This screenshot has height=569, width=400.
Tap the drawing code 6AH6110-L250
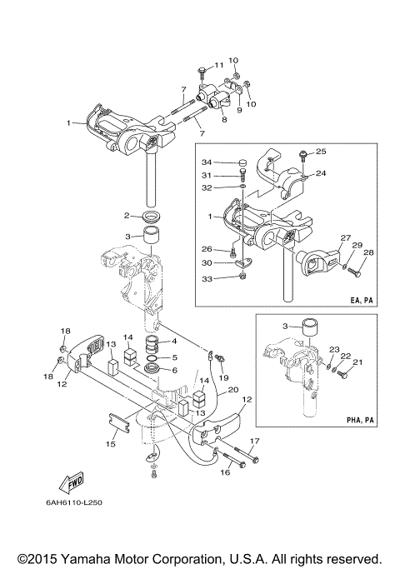coord(74,502)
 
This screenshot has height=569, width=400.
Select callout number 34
coord(207,162)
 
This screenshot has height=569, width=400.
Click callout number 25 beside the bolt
coord(321,152)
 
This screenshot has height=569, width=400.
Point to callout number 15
coord(111,444)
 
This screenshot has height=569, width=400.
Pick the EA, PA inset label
coord(362,301)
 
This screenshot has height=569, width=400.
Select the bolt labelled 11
coord(202,73)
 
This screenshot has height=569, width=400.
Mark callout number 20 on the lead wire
coord(233,389)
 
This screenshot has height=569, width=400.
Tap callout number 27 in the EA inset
coord(345,237)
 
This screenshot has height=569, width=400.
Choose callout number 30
coord(207,262)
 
